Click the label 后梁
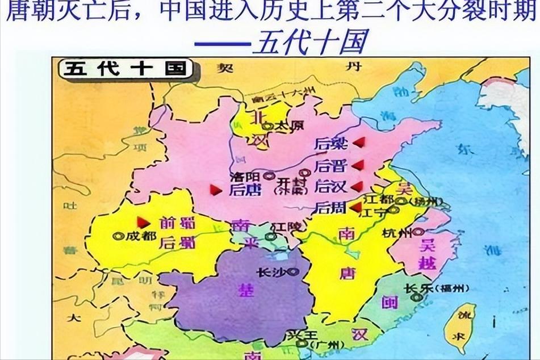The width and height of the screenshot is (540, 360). pyautogui.click(x=330, y=144)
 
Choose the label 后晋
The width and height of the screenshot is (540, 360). pyautogui.click(x=330, y=166)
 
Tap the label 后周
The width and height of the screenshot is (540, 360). pyautogui.click(x=330, y=208)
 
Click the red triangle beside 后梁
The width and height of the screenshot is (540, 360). pyautogui.click(x=358, y=143)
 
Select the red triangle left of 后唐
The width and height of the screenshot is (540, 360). pyautogui.click(x=216, y=190)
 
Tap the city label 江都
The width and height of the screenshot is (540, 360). pyautogui.click(x=379, y=199)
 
